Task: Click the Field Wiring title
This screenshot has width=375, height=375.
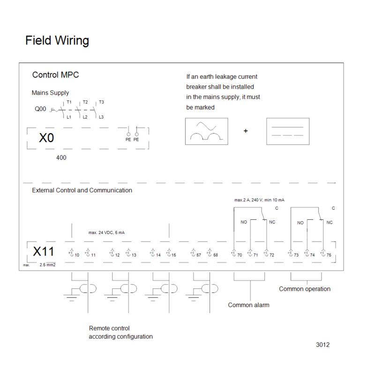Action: click(x=57, y=40)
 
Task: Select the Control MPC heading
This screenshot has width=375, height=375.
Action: click(x=55, y=75)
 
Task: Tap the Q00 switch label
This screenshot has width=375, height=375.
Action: click(x=40, y=109)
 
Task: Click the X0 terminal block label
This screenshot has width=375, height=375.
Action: click(x=46, y=138)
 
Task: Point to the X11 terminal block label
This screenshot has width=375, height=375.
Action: click(x=43, y=251)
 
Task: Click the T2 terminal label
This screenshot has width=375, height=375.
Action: click(x=85, y=102)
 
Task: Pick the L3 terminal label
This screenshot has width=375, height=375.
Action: click(x=101, y=117)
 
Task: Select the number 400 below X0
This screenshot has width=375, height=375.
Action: click(x=61, y=157)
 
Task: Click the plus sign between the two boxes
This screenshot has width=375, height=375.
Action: click(x=246, y=131)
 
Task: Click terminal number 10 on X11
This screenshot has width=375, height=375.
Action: click(x=77, y=255)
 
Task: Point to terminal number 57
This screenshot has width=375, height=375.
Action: click(x=198, y=255)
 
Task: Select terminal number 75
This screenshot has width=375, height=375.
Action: click(x=329, y=255)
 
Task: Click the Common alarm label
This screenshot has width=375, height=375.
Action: click(x=248, y=305)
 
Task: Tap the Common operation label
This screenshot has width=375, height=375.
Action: click(x=305, y=289)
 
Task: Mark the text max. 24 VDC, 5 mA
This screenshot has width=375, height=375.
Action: click(x=106, y=232)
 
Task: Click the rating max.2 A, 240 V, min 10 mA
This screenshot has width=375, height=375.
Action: click(x=259, y=200)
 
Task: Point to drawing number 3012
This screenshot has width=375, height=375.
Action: click(x=322, y=345)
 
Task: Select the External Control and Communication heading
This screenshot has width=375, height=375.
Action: click(x=82, y=190)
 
